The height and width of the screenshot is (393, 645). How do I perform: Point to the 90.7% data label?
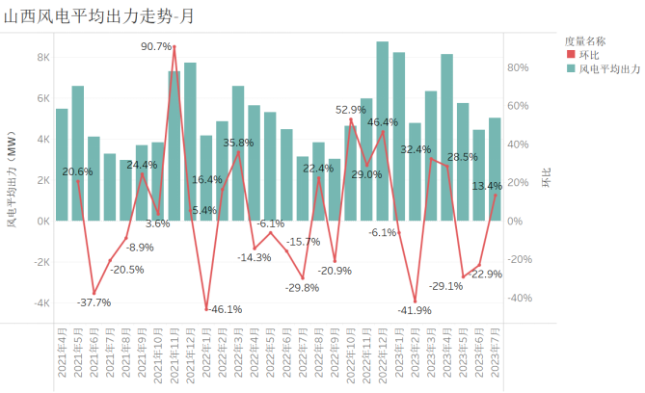point(156,46)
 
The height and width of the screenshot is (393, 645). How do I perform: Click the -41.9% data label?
point(415,310)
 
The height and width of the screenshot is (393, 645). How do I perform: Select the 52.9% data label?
point(351,110)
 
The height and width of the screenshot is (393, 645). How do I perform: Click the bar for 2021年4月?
point(62,165)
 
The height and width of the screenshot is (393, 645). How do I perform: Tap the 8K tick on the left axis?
point(44,58)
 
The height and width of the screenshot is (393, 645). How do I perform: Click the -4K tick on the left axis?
point(42,302)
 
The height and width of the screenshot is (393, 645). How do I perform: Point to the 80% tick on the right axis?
point(518,67)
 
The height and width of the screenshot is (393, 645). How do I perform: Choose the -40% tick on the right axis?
point(519,298)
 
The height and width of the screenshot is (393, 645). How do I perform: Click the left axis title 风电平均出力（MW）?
point(13,180)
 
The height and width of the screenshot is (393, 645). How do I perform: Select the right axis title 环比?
point(546,180)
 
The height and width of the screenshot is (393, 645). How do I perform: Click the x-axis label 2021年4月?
point(62,356)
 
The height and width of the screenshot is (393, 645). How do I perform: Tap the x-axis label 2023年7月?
point(495,356)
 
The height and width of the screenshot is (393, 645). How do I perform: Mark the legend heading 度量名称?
point(585,40)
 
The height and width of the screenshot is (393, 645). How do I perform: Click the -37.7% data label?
point(94,302)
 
